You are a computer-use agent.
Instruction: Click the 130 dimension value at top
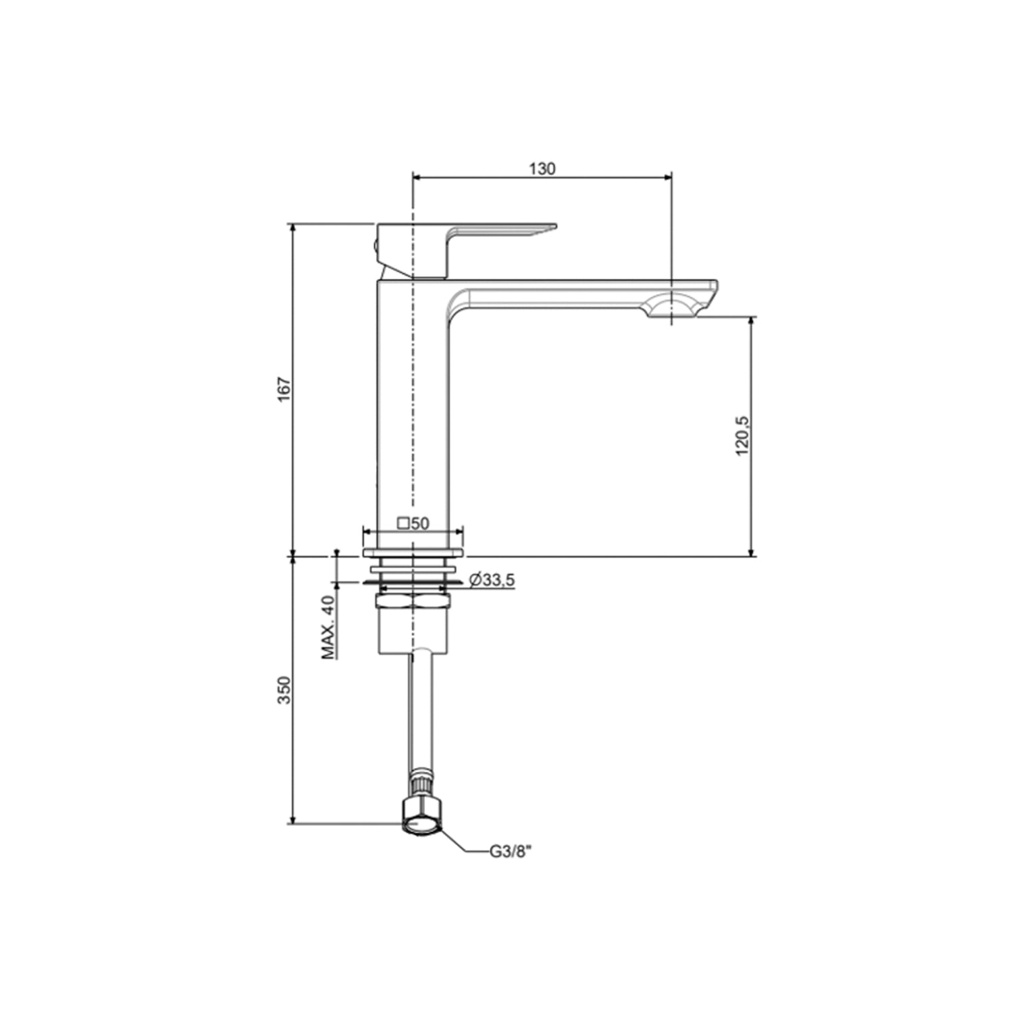click(542, 168)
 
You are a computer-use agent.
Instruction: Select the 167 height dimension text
click(284, 390)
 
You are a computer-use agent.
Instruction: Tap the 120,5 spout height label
click(742, 436)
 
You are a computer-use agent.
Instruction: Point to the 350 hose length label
click(284, 690)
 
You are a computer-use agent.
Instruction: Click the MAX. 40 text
click(328, 627)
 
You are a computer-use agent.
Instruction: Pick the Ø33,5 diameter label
click(492, 579)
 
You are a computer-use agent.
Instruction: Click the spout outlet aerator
click(671, 307)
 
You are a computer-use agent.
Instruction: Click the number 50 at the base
click(420, 523)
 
